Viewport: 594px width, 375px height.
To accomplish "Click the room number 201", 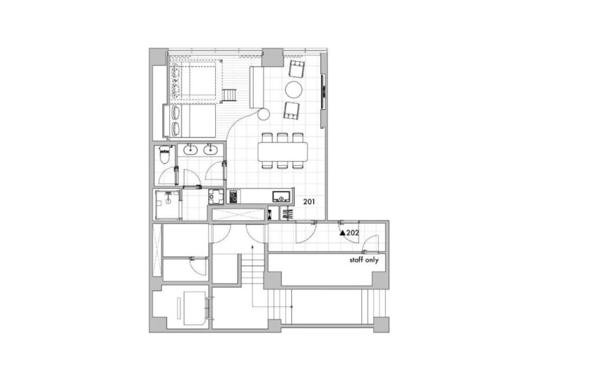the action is coord(309,202).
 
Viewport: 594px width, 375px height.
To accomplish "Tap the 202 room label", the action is coord(353,233).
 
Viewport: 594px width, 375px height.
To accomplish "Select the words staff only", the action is coord(364,260).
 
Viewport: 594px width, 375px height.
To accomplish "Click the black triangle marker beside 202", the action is coord(342,233).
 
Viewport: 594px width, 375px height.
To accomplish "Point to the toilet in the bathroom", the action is coord(165,155).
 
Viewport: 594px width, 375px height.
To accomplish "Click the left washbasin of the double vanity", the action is coord(190,150).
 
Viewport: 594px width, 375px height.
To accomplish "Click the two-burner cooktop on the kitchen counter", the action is coord(233,197).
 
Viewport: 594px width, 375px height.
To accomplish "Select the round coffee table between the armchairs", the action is coord(294,90).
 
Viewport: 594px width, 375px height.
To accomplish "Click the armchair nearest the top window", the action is coord(296,69).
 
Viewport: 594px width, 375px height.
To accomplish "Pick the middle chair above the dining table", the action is coord(282,137).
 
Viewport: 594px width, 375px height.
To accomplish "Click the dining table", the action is coord(283,151).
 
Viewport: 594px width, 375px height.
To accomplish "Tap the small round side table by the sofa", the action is coord(264,113).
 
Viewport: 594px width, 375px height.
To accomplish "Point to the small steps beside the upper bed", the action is coord(229,95).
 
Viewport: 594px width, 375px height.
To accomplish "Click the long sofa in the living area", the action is coord(256,87).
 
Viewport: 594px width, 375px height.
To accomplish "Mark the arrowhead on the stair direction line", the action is coord(253,246).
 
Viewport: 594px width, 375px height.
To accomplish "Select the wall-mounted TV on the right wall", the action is coord(323,92).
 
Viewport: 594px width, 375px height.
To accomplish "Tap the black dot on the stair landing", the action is coord(291,306).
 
